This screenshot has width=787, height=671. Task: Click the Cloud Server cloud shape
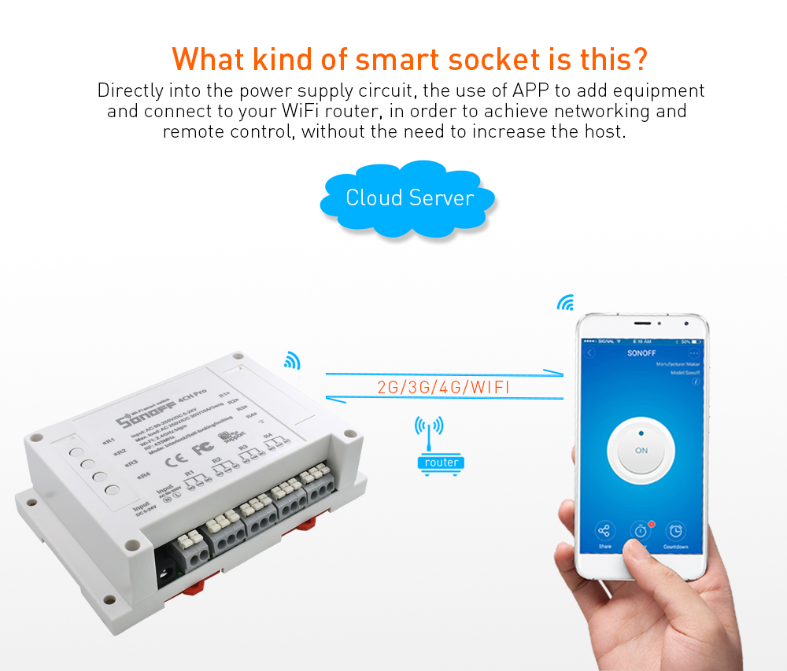click(408, 197)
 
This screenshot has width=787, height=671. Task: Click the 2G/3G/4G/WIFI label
click(445, 388)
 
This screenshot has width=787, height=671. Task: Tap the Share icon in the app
click(604, 533)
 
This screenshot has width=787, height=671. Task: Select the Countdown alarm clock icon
click(675, 533)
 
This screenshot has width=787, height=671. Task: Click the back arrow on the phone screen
click(589, 353)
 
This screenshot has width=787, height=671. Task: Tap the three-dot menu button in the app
click(693, 353)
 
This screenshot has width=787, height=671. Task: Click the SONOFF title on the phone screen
click(641, 354)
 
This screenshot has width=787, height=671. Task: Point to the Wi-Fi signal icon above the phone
click(566, 304)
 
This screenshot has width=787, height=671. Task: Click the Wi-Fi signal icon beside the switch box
click(293, 360)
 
